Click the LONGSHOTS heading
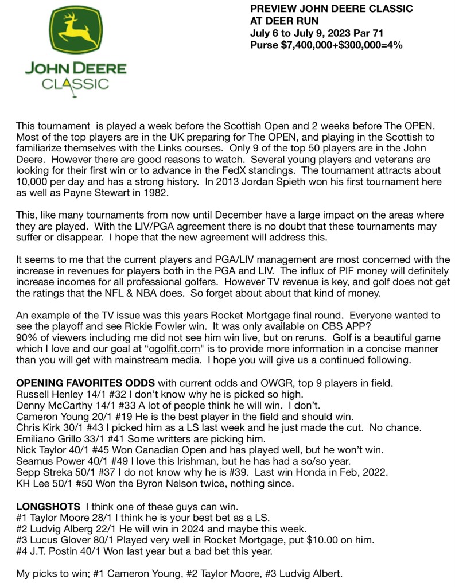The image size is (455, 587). tap(48, 507)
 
